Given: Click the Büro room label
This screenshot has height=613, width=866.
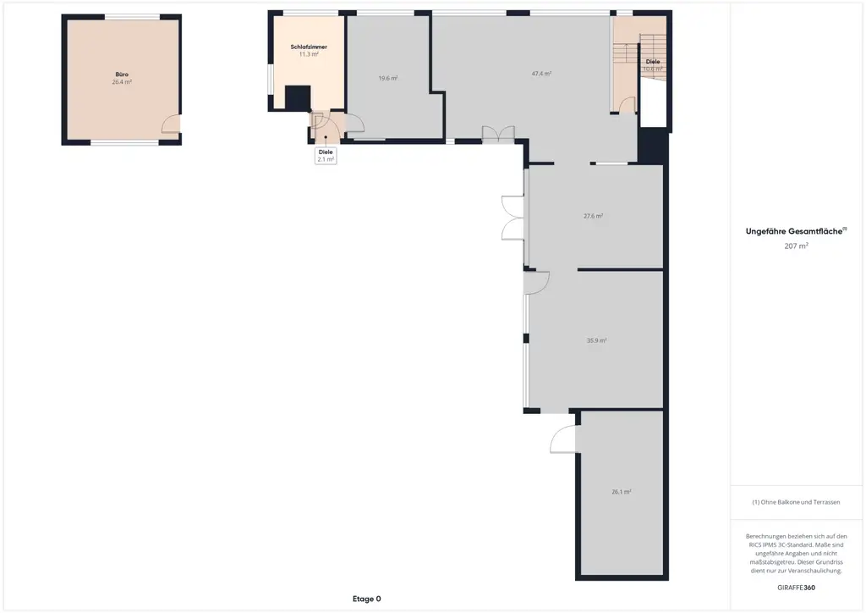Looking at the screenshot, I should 122,75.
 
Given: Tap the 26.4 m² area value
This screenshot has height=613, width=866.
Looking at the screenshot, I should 122,83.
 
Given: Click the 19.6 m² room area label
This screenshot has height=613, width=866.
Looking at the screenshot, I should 388,78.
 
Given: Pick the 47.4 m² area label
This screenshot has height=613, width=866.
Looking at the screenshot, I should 541,74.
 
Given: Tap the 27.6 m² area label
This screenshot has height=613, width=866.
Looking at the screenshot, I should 593,216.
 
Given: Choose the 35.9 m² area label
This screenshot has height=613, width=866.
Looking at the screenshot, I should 596,340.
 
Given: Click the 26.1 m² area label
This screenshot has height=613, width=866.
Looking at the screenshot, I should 622,491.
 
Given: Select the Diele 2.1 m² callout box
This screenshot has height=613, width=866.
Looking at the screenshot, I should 326,156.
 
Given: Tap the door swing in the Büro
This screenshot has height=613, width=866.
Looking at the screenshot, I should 171,124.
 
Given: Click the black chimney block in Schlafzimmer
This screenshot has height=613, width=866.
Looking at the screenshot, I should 297,97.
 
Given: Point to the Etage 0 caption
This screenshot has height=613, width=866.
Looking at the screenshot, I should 366,599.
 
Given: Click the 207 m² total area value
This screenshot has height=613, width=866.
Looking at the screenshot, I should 796,246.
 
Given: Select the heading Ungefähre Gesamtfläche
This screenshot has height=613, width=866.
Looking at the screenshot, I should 795,230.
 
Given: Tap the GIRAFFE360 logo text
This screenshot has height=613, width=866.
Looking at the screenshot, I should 796,587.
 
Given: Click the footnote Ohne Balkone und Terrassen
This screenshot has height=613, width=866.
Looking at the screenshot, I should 796,502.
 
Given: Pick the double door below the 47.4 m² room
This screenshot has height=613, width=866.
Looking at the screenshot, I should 498,135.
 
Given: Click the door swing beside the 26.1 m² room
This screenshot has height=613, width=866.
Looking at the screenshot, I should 562,439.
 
